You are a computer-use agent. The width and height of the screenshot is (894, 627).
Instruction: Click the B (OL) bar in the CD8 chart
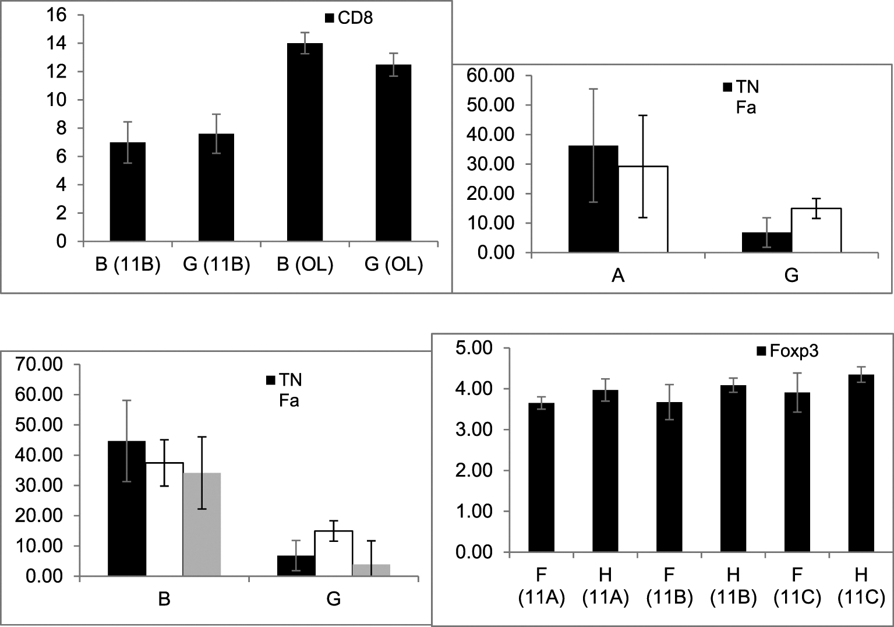pyautogui.click(x=305, y=143)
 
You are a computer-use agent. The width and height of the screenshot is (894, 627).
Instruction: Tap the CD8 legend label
pyautogui.click(x=355, y=18)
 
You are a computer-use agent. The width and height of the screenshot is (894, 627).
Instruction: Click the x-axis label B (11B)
pyautogui.click(x=128, y=265)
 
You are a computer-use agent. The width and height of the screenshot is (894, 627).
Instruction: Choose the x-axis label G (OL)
pyautogui.click(x=393, y=265)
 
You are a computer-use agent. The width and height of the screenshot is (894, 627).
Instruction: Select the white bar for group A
pyautogui.click(x=643, y=209)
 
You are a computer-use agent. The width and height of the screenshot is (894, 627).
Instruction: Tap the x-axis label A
pyautogui.click(x=618, y=275)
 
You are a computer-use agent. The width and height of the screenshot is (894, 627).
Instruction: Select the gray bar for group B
pyautogui.click(x=202, y=524)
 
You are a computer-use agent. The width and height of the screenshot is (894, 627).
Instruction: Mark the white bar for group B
pyautogui.click(x=164, y=519)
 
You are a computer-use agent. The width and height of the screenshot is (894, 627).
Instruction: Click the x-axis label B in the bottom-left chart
pyautogui.click(x=164, y=598)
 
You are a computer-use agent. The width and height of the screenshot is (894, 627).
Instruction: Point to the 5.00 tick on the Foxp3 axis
pyautogui.click(x=473, y=348)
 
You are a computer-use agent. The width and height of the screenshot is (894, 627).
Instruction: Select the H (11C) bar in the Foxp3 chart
pyautogui.click(x=861, y=463)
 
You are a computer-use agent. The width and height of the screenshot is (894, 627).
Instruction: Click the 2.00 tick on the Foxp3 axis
pyautogui.click(x=473, y=471)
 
